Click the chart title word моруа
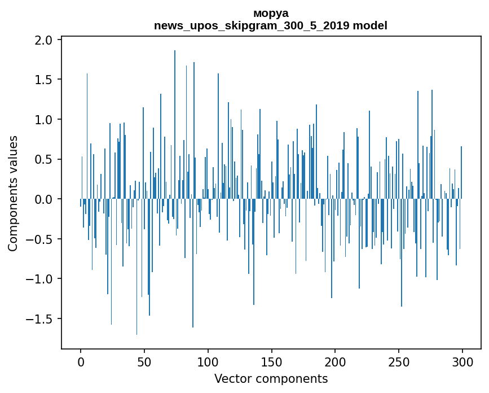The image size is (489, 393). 271,13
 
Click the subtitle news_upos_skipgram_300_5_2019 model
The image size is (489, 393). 271,25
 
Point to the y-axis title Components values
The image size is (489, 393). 13,193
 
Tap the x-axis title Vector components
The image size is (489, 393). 271,378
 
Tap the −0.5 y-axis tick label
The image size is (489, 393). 41,239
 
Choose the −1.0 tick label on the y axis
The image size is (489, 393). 41,279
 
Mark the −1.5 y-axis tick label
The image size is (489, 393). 41,319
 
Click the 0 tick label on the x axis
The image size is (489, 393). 81,361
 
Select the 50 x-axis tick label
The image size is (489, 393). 144,361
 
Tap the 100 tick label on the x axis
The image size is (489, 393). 208,361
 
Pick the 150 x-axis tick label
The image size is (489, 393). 271,361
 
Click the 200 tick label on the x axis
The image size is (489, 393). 335,361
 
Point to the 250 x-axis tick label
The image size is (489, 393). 399,361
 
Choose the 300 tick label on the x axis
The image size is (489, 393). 462,361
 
